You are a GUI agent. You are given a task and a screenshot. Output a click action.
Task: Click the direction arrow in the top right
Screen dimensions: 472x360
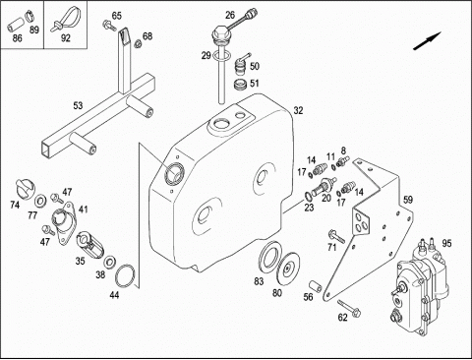pyautogui.click(x=428, y=41)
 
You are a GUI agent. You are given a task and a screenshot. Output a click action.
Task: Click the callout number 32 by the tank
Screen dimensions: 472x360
pyautogui.click(x=298, y=110)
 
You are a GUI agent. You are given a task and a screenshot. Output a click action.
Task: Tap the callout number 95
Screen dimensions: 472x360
pyautogui.click(x=446, y=243)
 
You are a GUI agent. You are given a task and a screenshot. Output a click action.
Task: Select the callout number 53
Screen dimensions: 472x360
pyautogui.click(x=78, y=105)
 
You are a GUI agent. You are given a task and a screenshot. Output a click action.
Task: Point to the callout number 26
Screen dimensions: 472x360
pyautogui.click(x=230, y=15)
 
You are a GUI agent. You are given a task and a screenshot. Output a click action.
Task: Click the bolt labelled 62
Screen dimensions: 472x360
pyautogui.click(x=349, y=308)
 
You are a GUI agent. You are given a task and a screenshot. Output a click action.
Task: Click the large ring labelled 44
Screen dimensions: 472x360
pyautogui.click(x=125, y=275)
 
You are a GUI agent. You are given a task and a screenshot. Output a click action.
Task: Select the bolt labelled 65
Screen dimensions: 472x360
pyautogui.click(x=109, y=26)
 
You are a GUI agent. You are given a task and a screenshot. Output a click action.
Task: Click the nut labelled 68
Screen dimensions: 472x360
pyautogui.click(x=139, y=43)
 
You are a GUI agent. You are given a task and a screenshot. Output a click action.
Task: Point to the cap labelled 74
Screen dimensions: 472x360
pyautogui.click(x=26, y=188)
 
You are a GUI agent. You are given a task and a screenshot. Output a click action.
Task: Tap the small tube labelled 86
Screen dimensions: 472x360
pyautogui.click(x=15, y=25)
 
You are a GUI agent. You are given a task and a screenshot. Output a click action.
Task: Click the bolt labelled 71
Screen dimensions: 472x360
pyautogui.click(x=336, y=237)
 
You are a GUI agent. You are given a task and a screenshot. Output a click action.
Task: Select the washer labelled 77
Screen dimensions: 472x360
pyautogui.click(x=40, y=201)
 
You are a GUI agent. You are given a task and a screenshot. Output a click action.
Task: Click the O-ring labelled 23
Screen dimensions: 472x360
pyautogui.click(x=308, y=196)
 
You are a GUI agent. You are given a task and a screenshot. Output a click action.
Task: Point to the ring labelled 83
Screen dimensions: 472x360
pyautogui.click(x=270, y=256)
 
